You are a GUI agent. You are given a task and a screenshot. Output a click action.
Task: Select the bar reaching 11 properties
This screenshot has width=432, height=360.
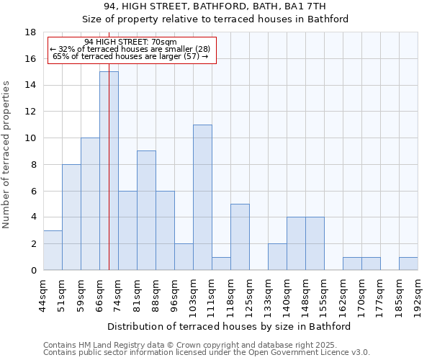click(202, 197)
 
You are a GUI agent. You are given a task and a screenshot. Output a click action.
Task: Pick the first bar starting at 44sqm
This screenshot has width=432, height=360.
click(53, 250)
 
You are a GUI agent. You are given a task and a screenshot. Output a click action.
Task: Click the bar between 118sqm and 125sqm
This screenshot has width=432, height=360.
click(240, 237)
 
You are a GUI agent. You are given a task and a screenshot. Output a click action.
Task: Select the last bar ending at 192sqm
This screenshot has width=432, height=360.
click(408, 264)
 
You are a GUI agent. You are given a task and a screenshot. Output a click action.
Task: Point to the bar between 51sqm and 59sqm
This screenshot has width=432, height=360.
click(71, 217)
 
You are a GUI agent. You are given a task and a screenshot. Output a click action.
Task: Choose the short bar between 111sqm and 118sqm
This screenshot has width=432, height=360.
click(221, 264)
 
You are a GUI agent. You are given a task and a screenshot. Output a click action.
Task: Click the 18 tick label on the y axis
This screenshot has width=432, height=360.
click(30, 32)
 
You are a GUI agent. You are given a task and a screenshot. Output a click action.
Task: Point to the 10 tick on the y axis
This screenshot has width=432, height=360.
click(30, 138)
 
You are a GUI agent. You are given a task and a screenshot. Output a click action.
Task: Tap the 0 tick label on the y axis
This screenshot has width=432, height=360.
click(33, 270)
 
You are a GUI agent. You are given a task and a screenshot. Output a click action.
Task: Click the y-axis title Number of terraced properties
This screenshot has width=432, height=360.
click(7, 155)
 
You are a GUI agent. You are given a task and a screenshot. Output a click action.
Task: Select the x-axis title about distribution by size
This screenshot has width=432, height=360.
click(233, 326)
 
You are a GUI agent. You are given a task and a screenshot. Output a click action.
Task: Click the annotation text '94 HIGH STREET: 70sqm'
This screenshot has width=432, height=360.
click(130, 42)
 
